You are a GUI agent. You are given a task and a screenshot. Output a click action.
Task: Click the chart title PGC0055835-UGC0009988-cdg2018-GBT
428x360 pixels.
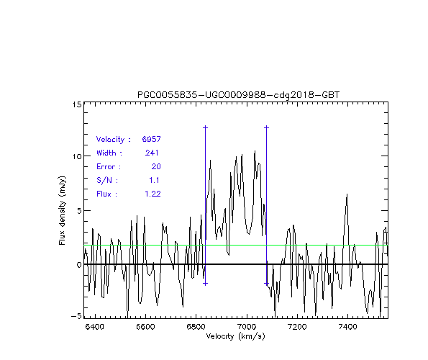click(x=238, y=95)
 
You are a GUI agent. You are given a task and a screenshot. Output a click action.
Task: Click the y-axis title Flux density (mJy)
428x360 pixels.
click(x=63, y=210)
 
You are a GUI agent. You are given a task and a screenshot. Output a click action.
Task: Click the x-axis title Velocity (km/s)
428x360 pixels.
click(x=235, y=336)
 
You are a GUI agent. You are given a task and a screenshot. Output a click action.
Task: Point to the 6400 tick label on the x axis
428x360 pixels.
click(x=94, y=327)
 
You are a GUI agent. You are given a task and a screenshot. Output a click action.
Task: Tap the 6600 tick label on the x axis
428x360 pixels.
click(x=145, y=327)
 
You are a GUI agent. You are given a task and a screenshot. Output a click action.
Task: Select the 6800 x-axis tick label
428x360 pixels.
click(x=196, y=327)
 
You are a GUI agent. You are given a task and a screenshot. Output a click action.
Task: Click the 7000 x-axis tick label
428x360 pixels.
click(x=247, y=327)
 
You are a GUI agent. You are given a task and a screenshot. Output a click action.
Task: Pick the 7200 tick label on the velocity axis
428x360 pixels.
click(x=297, y=327)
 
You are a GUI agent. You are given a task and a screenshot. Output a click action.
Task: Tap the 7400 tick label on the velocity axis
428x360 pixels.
click(x=347, y=327)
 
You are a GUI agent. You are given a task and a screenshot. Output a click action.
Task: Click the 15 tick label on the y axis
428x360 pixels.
click(x=77, y=104)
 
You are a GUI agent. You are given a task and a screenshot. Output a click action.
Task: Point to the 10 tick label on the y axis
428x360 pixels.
click(x=77, y=156)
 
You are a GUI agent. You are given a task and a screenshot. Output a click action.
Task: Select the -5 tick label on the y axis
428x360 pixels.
click(x=76, y=316)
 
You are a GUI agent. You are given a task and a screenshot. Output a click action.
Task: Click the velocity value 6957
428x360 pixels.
click(x=152, y=139)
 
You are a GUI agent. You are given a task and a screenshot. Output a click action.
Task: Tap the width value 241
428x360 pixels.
click(x=152, y=153)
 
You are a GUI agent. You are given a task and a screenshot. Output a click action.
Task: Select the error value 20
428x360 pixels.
click(x=156, y=166)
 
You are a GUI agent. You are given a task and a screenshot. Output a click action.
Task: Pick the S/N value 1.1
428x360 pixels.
click(x=154, y=180)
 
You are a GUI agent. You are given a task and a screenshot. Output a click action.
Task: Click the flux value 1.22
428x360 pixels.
click(x=152, y=194)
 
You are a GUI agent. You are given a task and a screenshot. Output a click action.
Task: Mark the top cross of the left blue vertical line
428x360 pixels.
click(x=205, y=127)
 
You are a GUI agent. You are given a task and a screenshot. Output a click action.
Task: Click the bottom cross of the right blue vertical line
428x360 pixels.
click(x=266, y=284)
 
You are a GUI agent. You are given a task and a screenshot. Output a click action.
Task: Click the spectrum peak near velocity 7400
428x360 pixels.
click(x=347, y=194)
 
